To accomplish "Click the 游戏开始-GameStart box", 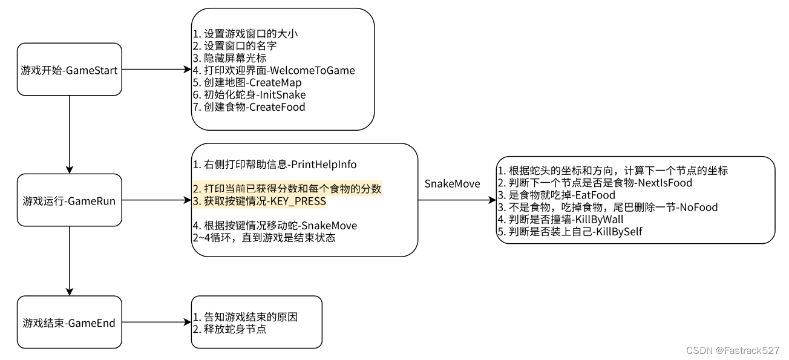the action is tap(70, 70).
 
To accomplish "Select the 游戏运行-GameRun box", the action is tap(70, 200).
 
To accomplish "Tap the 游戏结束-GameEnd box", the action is tap(70, 322).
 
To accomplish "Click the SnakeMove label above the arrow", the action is tap(452, 184).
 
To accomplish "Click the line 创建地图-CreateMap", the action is tap(247, 83).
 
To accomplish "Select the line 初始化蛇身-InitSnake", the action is tap(249, 95).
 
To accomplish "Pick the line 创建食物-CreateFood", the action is tap(249, 107).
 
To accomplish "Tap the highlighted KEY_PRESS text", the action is tap(298, 201).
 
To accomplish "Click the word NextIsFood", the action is tap(665, 183).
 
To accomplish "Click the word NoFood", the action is tap(699, 208).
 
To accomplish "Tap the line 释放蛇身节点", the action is tap(229, 329).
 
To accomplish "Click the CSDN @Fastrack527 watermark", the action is tap(733, 350).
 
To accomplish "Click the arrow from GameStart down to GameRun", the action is tap(70, 134).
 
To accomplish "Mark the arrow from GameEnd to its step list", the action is tap(157, 322).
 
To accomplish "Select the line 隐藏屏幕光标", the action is tap(229, 58).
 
